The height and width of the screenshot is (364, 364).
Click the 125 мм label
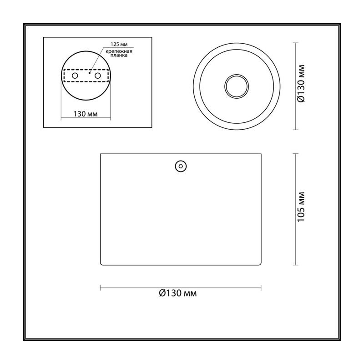[119, 44]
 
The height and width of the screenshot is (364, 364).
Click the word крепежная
[119, 51]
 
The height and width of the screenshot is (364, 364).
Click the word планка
[119, 56]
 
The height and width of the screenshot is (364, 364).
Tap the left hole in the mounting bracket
[75, 76]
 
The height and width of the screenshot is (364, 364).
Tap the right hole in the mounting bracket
[98, 76]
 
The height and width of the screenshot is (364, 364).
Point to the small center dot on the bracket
[89, 73]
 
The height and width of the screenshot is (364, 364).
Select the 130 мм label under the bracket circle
[86, 114]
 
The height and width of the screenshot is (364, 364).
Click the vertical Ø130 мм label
[301, 84]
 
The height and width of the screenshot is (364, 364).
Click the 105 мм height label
[301, 207]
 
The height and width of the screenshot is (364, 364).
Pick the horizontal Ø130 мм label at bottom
[178, 293]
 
